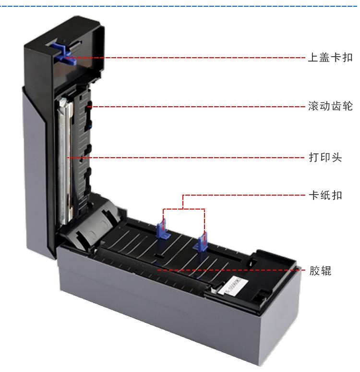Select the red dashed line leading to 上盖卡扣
192,58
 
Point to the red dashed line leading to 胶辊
240,270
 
